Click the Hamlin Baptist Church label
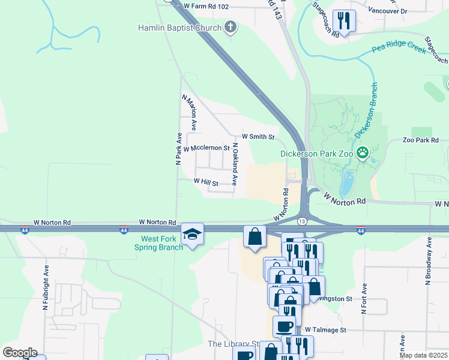click(179, 27)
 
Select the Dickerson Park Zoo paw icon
click(362, 152)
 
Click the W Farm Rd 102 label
click(206, 6)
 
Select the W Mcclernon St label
click(206, 148)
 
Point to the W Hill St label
click(205, 181)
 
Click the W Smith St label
click(258, 137)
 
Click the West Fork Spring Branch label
click(158, 243)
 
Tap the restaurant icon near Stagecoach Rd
click(344, 20)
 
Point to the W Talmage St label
click(325, 330)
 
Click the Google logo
click(20, 352)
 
